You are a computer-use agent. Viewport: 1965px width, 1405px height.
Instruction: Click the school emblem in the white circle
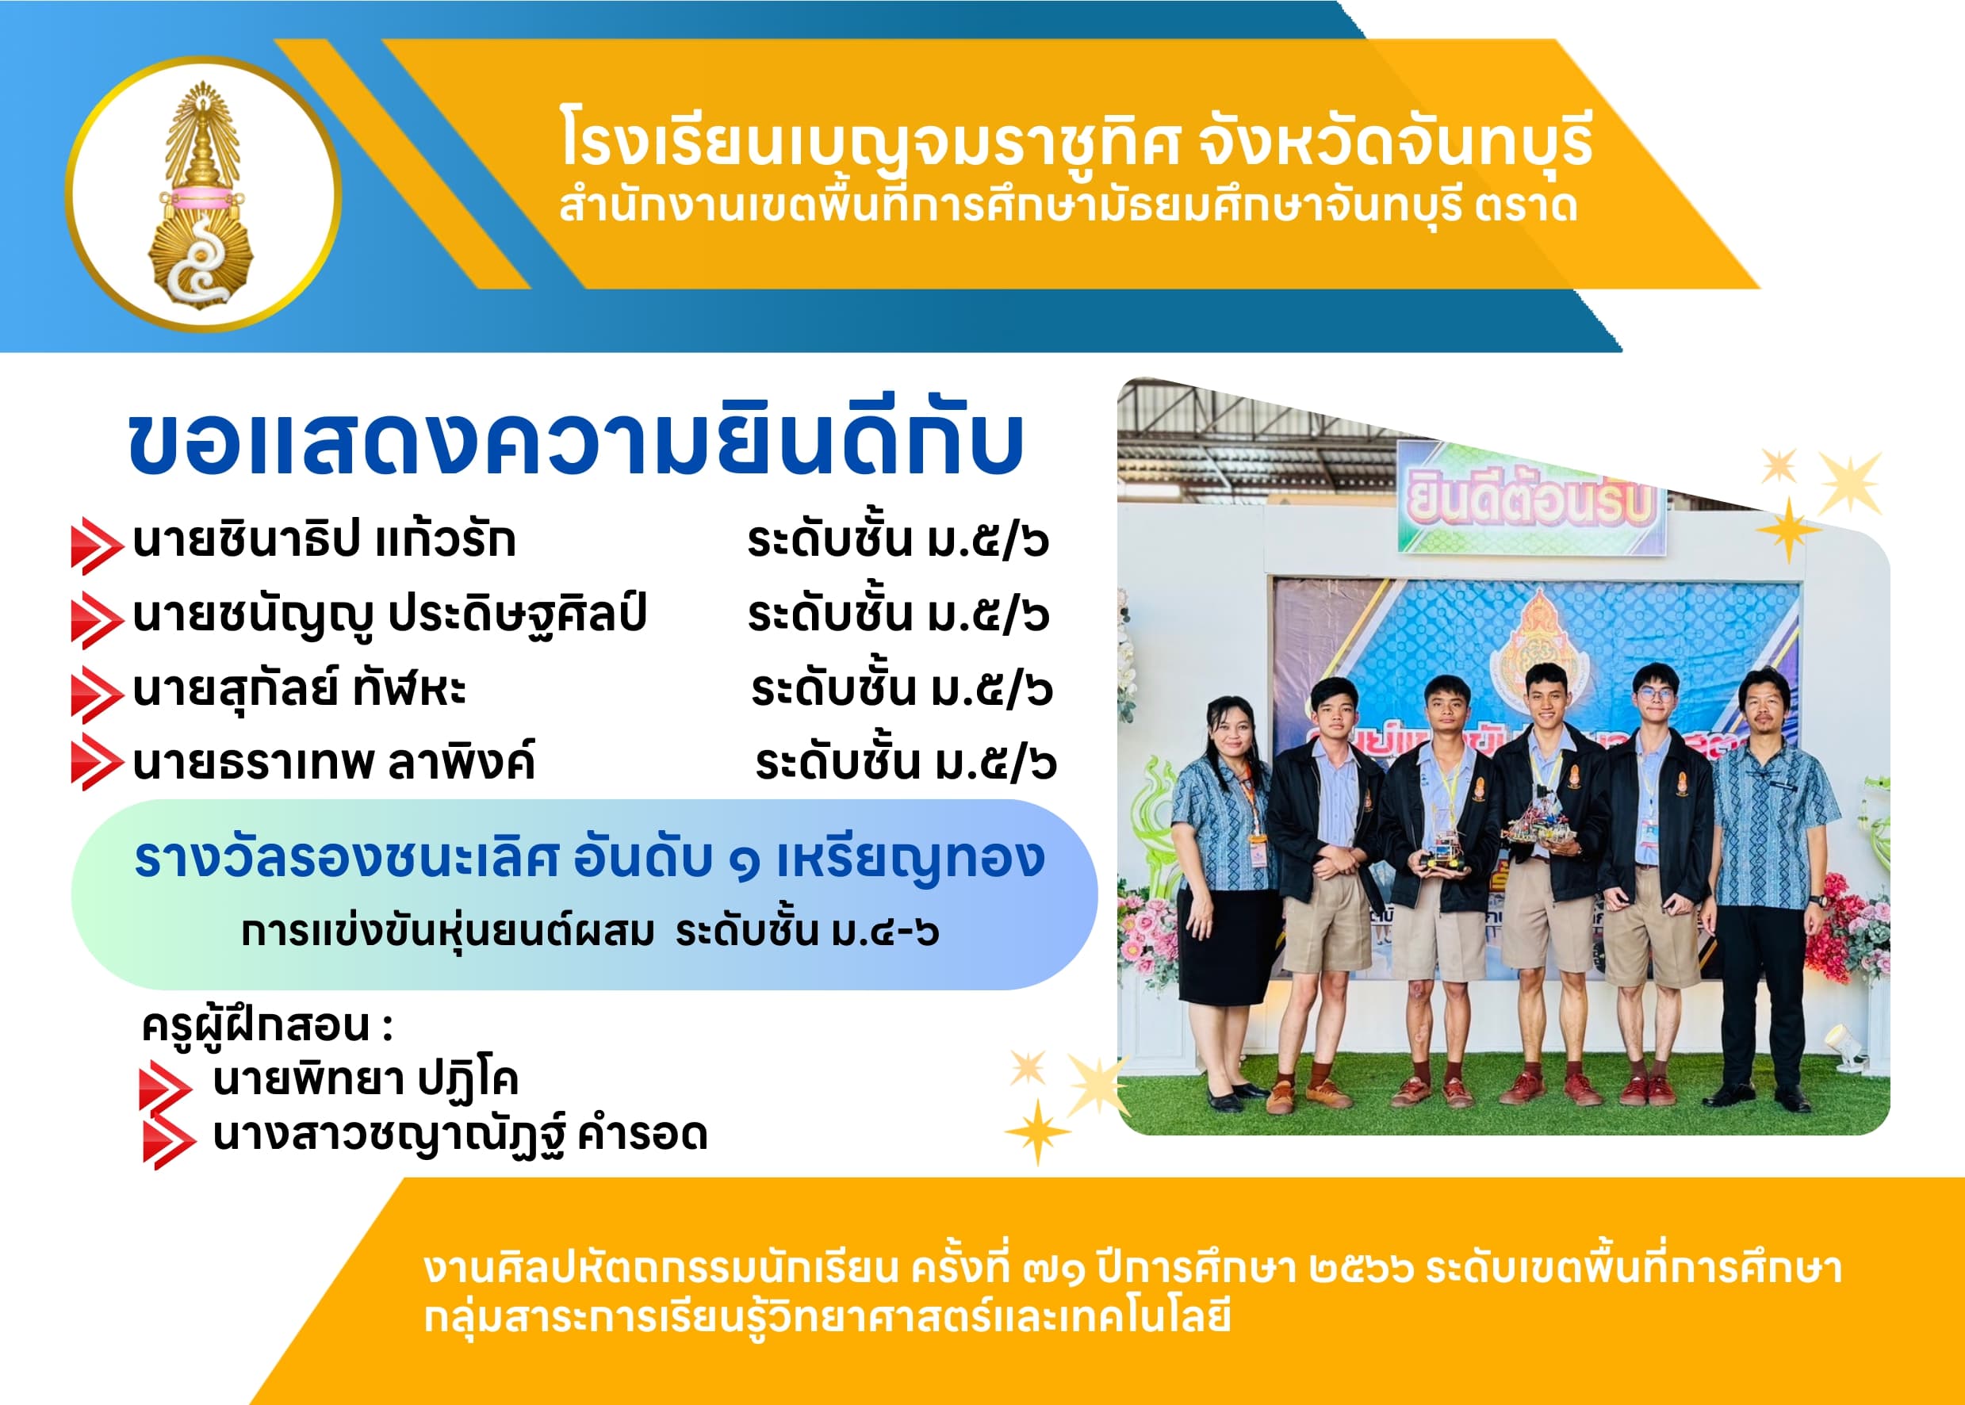click(x=201, y=196)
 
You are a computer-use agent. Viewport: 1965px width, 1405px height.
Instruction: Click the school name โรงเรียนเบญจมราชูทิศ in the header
click(x=870, y=140)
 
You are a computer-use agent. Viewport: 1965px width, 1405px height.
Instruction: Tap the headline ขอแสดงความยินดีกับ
click(x=576, y=444)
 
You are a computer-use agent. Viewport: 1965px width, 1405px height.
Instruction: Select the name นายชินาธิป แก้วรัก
click(x=324, y=540)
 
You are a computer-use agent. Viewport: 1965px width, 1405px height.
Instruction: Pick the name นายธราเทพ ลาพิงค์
click(x=334, y=762)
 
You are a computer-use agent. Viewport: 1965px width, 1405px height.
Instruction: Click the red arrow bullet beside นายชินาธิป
click(x=96, y=546)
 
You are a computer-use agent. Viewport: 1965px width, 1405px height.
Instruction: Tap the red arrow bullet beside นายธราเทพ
click(x=96, y=762)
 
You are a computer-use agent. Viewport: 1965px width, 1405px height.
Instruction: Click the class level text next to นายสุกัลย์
click(x=902, y=690)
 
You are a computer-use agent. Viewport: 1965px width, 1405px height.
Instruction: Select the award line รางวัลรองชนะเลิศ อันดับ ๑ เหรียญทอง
click(x=590, y=858)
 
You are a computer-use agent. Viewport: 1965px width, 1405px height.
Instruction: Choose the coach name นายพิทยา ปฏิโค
click(x=365, y=1080)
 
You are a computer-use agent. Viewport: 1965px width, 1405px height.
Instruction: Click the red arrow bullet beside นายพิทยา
click(x=165, y=1085)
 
